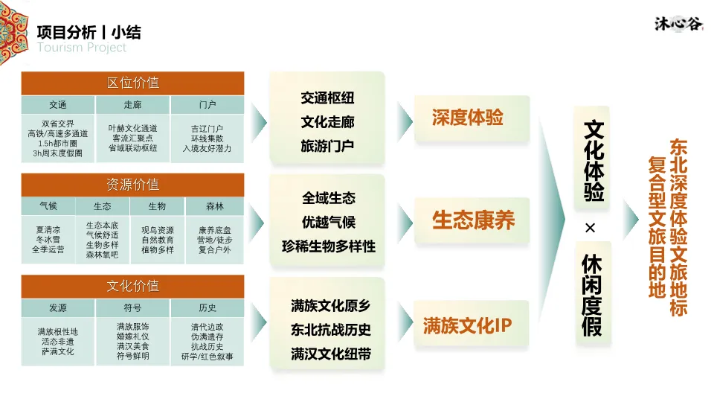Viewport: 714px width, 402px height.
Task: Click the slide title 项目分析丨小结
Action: (89, 32)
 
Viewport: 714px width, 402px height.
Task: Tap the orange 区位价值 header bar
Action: (132, 83)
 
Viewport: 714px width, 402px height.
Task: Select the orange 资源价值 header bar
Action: (132, 185)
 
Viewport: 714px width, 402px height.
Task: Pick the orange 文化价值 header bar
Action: (132, 287)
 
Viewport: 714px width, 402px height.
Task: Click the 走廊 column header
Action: (132, 105)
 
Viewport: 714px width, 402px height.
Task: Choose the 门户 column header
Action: (208, 105)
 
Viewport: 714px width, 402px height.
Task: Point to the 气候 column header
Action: (48, 206)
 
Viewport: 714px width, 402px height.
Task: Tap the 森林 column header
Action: (215, 206)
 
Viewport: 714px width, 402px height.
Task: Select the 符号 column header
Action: (132, 308)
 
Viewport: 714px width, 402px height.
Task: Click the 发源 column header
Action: (58, 308)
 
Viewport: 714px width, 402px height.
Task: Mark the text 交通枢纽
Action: (327, 98)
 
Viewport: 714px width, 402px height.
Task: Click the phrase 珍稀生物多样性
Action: (328, 246)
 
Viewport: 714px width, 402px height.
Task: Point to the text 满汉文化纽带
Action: (330, 354)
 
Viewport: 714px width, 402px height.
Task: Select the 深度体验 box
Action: (467, 118)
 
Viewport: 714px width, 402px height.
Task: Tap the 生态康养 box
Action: (473, 220)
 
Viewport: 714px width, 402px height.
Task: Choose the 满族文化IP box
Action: (467, 325)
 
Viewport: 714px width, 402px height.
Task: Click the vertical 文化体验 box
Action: (593, 160)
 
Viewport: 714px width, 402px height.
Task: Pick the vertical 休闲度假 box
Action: (592, 295)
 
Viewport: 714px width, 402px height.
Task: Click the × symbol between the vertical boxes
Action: (591, 228)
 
